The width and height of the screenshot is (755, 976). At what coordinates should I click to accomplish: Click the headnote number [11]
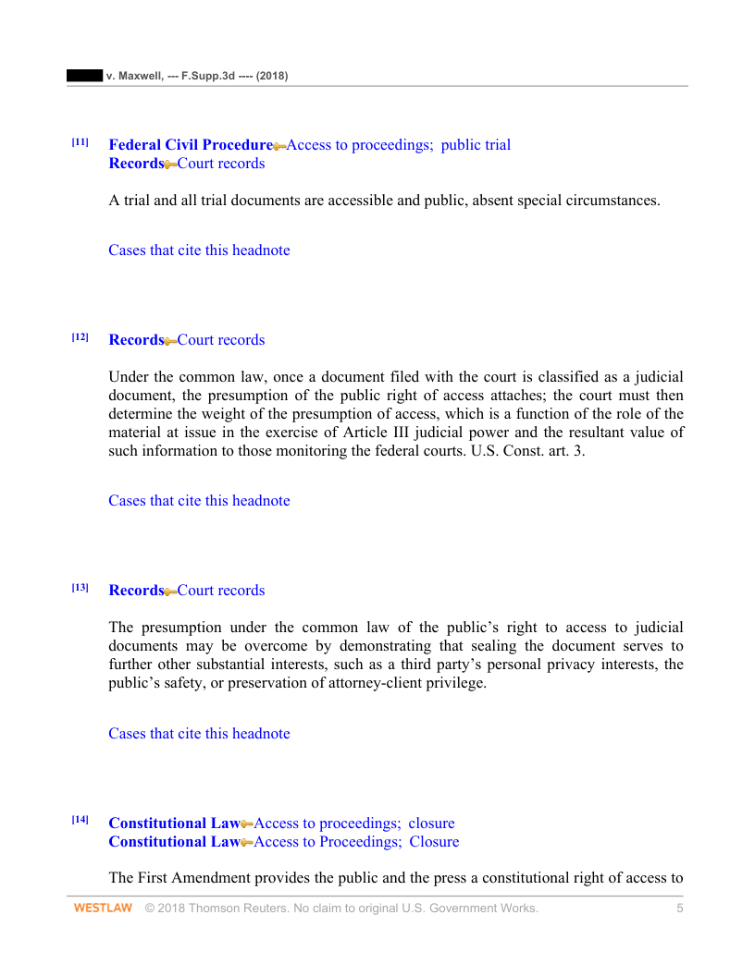[x=80, y=142]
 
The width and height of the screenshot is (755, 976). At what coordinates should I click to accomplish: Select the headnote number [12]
[x=80, y=337]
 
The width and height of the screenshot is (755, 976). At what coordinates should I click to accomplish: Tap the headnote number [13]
[x=80, y=588]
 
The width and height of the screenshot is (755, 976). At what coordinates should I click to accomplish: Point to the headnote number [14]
[x=80, y=821]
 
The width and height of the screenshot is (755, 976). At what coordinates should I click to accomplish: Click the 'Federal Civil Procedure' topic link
[x=191, y=145]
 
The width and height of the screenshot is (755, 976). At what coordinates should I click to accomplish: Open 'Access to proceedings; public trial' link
[x=399, y=145]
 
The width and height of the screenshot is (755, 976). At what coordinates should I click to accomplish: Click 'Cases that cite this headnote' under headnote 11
[x=199, y=250]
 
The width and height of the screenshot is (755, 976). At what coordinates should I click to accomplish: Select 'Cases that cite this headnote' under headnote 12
[x=199, y=501]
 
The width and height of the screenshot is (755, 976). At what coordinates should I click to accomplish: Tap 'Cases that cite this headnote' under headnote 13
[x=199, y=734]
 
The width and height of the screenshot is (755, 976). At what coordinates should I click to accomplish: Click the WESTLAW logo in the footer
[x=103, y=909]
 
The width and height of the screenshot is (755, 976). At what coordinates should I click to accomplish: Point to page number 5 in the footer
[x=680, y=909]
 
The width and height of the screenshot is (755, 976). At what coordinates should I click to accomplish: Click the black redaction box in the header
[x=84, y=76]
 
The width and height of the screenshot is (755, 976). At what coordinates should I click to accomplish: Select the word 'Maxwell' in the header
[x=136, y=76]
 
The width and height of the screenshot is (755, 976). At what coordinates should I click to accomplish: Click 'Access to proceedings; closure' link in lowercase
[x=354, y=823]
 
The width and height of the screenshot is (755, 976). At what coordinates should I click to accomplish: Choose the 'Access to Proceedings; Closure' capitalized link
[x=356, y=842]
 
